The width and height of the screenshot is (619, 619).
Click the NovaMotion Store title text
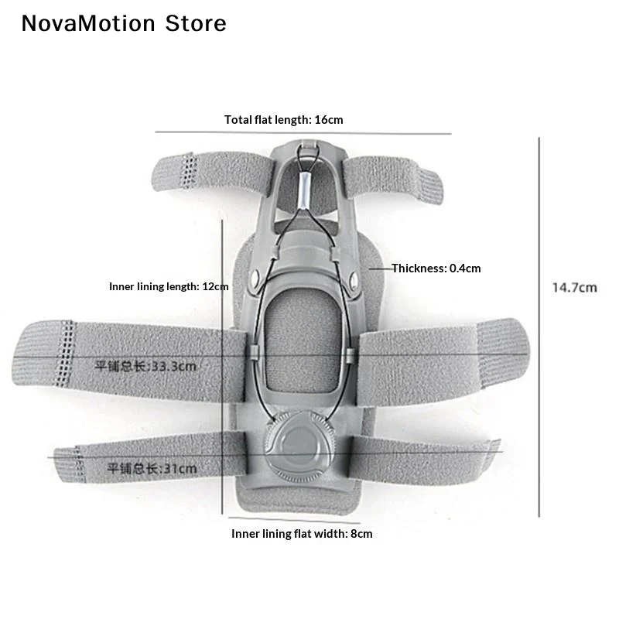[124, 23]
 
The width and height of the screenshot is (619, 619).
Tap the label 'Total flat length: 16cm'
[283, 120]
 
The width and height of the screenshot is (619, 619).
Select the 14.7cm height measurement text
[574, 287]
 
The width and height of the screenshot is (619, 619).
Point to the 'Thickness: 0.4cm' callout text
[436, 268]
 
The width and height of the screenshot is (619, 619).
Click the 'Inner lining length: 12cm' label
[169, 286]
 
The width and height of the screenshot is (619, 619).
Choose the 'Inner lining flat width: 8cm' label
[302, 534]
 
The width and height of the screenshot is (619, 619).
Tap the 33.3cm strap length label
[145, 366]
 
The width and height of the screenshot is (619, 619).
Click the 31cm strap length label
[152, 469]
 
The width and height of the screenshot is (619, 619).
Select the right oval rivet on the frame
[354, 280]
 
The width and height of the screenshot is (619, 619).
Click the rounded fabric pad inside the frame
[302, 347]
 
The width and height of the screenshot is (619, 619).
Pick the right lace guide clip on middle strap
[350, 356]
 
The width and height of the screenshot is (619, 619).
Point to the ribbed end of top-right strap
[430, 185]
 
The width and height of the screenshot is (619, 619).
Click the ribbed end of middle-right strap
[503, 354]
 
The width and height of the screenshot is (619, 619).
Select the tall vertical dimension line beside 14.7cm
[539, 327]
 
